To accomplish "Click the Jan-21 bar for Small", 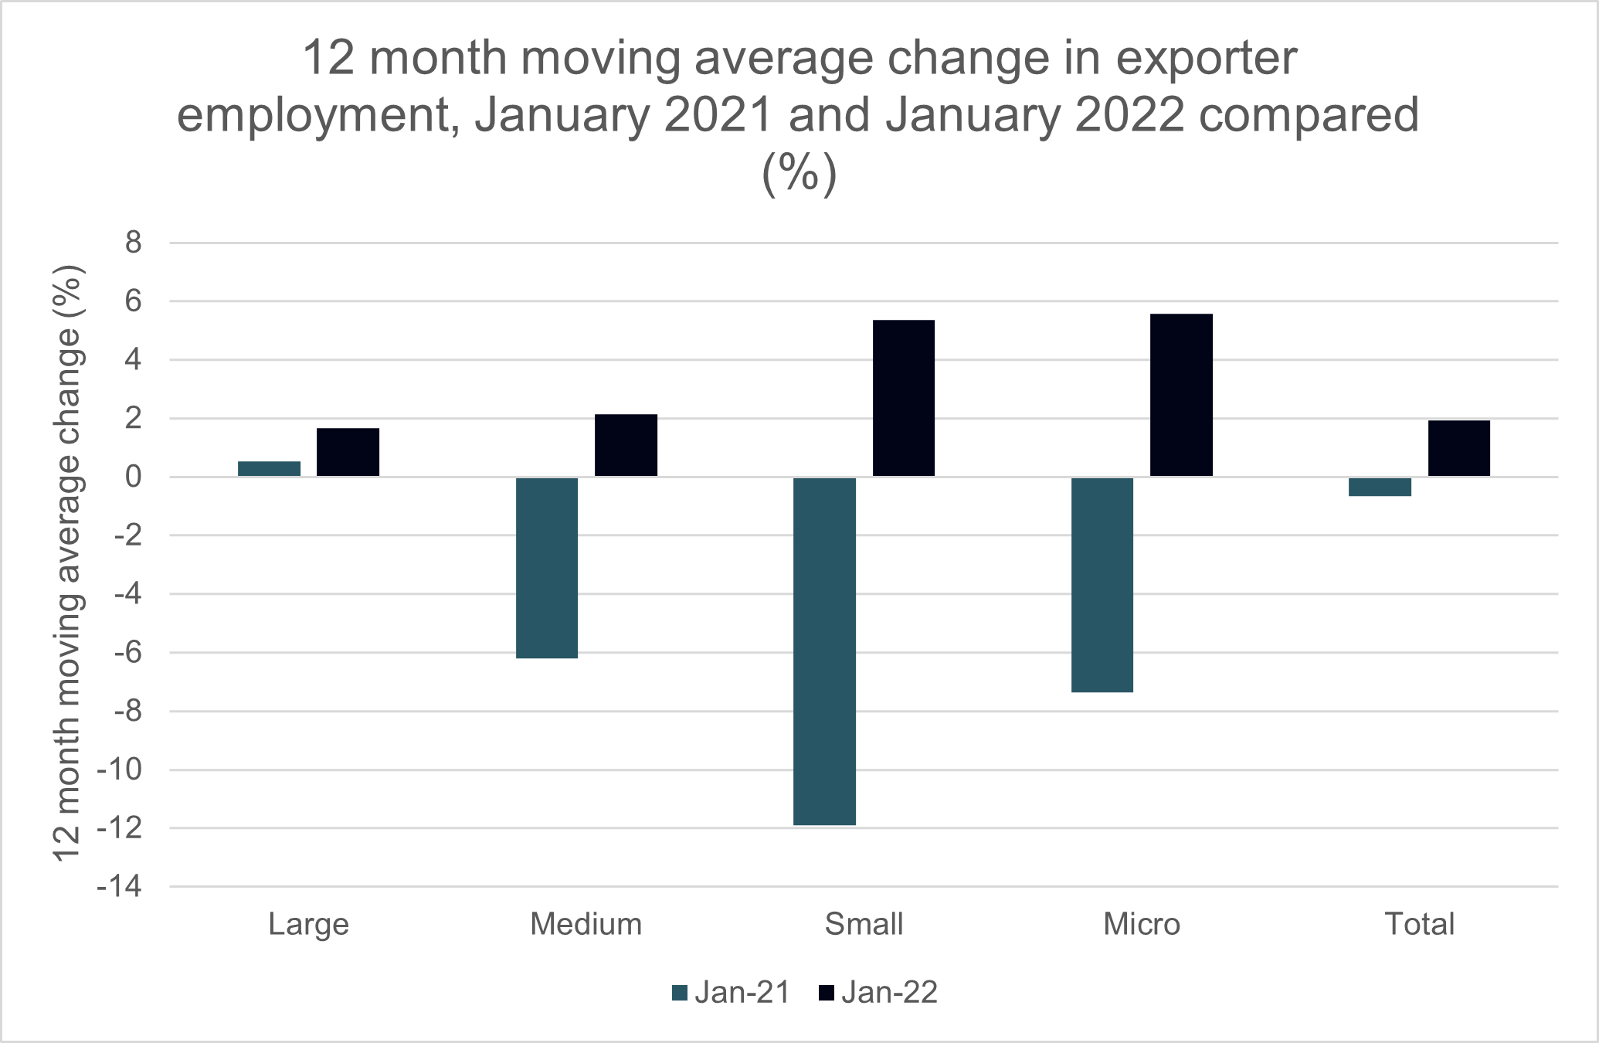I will [825, 651].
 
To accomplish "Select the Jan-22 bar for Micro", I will [1181, 395].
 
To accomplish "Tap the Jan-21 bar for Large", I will [269, 469].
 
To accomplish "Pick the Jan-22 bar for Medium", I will [626, 446].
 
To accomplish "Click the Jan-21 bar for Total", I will [1380, 487].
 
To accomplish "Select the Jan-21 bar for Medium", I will [547, 567].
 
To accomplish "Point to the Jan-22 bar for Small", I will [903, 398].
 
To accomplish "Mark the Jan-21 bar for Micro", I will [1102, 584].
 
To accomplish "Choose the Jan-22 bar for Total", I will [1458, 448].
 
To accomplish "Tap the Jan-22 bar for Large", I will [348, 452].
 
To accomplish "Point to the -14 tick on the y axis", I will [120, 887].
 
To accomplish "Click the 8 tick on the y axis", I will [134, 243].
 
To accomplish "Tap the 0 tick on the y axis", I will [134, 477].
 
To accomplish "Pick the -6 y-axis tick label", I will [127, 653].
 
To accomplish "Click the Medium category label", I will [586, 924].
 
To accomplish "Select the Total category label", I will [1419, 924].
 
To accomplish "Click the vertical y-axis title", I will [67, 562].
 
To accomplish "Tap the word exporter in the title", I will [1207, 58].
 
